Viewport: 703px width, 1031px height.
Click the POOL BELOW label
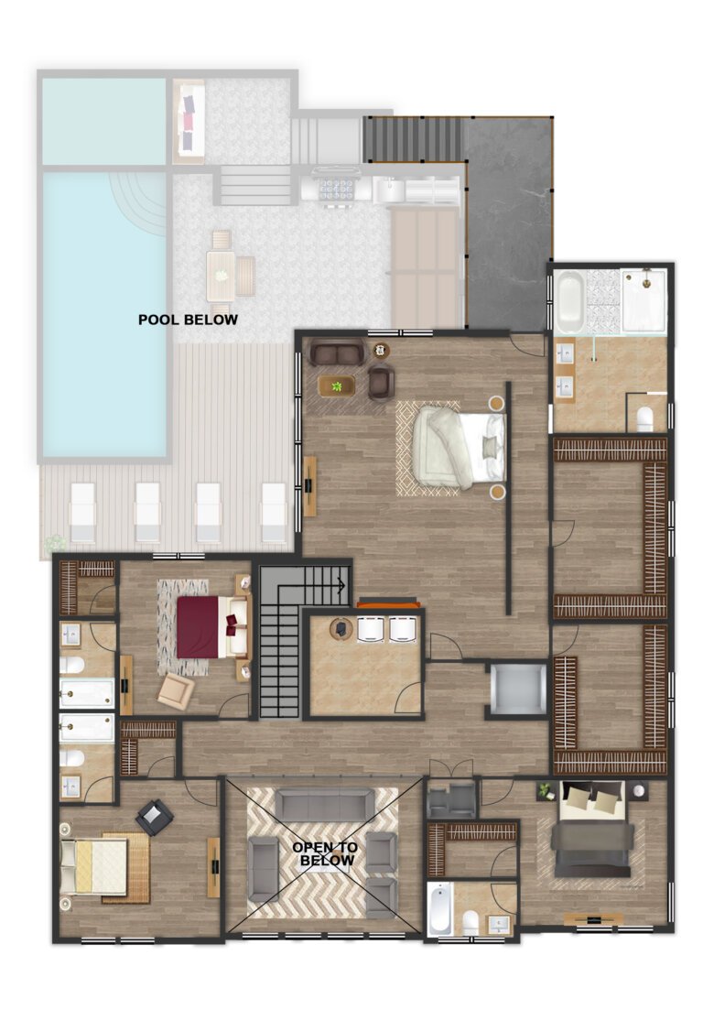tap(188, 320)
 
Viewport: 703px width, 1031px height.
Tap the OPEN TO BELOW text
tap(325, 854)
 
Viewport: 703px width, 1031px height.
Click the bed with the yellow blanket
tap(95, 866)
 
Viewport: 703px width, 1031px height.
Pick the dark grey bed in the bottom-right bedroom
tap(591, 840)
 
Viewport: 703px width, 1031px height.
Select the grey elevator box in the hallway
tap(517, 689)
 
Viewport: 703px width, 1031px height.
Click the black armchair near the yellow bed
tap(155, 816)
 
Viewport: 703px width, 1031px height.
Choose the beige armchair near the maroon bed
tap(175, 691)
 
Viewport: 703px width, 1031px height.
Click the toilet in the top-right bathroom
tap(644, 418)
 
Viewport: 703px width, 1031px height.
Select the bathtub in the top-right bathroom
tap(568, 300)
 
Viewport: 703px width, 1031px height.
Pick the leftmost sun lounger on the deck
tap(83, 512)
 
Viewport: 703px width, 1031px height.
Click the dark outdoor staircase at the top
tap(414, 138)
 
